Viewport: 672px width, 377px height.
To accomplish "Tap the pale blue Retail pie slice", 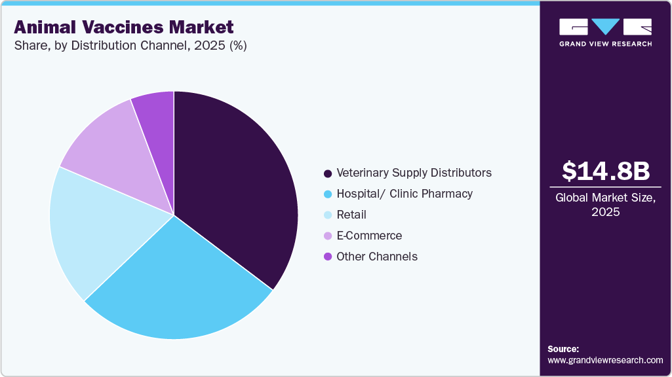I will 92,229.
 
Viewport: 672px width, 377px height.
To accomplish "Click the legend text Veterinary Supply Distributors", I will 414,173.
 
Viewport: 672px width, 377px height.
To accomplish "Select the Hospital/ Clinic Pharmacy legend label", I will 405,194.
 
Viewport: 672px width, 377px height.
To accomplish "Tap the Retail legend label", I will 351,215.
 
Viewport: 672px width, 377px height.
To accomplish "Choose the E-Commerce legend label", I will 369,236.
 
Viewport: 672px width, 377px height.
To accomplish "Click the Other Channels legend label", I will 377,257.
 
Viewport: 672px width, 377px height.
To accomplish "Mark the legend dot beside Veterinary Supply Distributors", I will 327,173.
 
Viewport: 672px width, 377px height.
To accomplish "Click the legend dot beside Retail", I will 327,215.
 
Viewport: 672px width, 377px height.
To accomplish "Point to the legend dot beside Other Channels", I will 327,257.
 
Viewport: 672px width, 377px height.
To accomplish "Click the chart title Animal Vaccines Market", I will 124,27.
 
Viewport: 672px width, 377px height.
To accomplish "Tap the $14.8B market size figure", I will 606,171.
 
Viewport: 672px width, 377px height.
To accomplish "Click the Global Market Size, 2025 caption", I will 606,205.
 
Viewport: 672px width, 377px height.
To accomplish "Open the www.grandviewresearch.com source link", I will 605,360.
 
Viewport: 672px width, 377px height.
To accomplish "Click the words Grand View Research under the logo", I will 605,44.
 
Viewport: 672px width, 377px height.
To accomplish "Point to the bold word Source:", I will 563,349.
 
